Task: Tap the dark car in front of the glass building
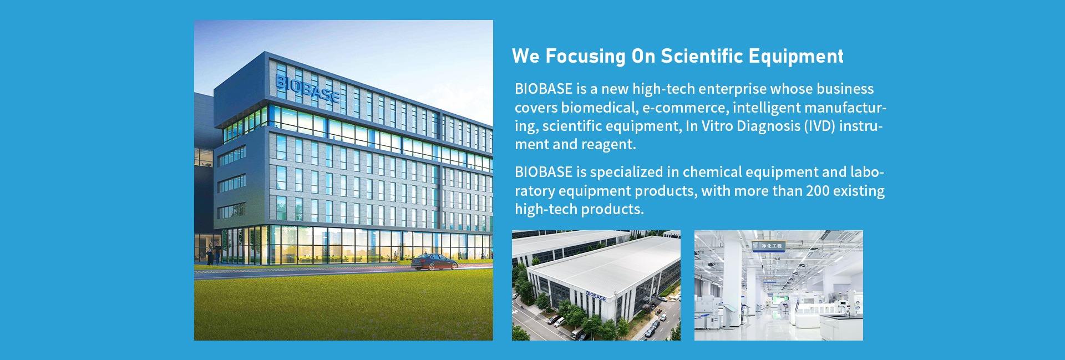pyautogui.click(x=434, y=262)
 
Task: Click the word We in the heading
pyautogui.click(x=525, y=56)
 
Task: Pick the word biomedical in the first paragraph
pyautogui.click(x=600, y=107)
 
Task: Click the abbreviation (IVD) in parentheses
pyautogui.click(x=820, y=126)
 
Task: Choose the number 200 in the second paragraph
pyautogui.click(x=819, y=191)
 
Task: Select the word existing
pyautogui.click(x=860, y=191)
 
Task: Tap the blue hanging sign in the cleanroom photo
pyautogui.click(x=768, y=245)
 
